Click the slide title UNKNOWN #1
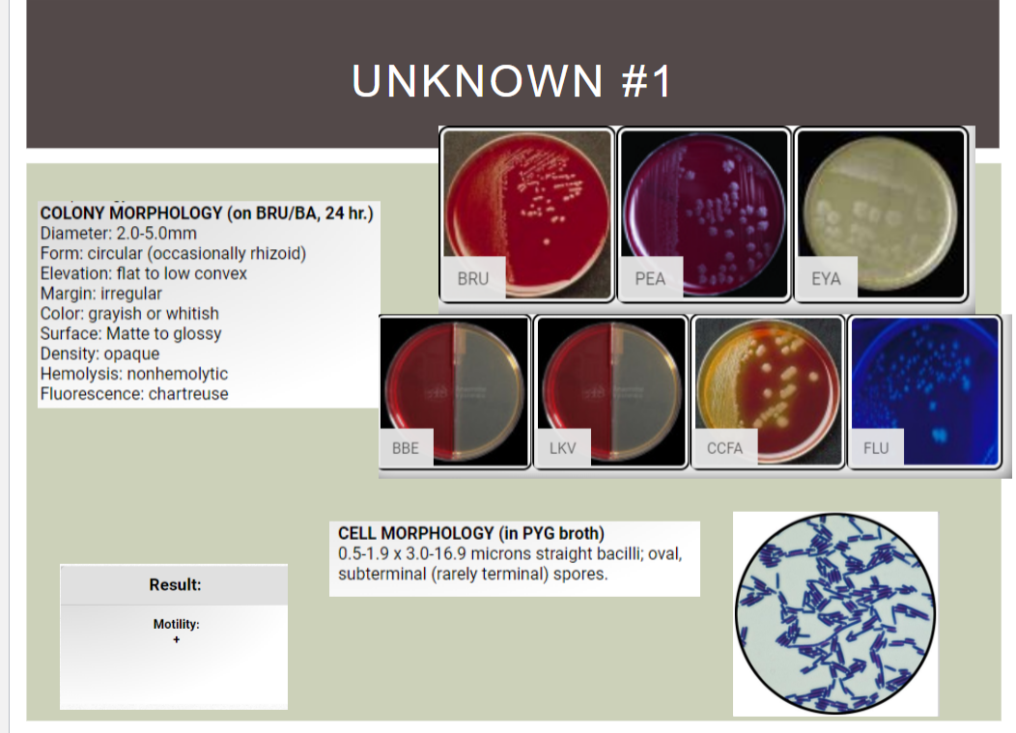click(x=511, y=81)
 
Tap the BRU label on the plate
click(x=473, y=279)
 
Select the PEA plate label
click(x=650, y=279)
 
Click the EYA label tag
click(x=826, y=279)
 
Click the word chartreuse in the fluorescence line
click(x=188, y=394)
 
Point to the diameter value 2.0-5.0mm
click(x=156, y=234)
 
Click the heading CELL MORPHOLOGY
click(x=415, y=533)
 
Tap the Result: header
click(x=175, y=585)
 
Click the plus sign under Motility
click(x=176, y=639)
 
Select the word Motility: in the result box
click(x=176, y=624)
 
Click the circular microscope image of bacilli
click(x=834, y=614)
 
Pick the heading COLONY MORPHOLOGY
click(x=131, y=213)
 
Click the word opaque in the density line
click(x=131, y=353)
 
